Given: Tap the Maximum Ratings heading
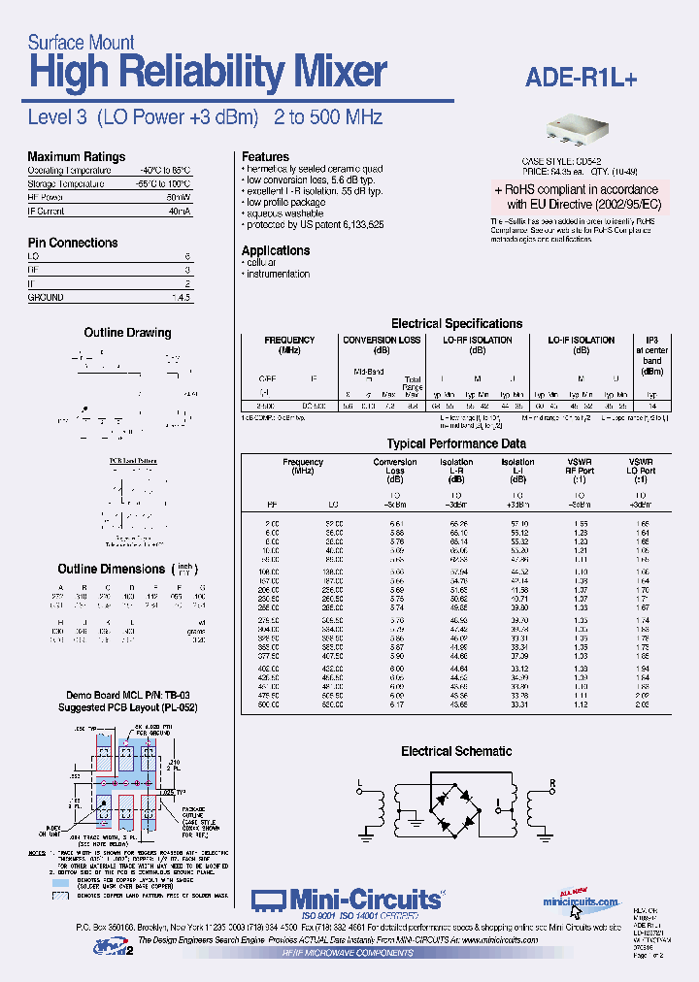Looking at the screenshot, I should [x=76, y=156].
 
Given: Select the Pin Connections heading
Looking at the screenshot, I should [x=72, y=243].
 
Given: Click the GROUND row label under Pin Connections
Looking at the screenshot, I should [x=46, y=297].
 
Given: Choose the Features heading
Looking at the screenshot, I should [x=265, y=156].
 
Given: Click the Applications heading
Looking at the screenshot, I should [x=276, y=250].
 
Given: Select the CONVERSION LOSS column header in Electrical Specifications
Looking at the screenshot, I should [x=382, y=341].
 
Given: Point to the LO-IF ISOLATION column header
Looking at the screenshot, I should [x=581, y=341].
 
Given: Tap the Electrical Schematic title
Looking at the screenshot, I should [x=456, y=751].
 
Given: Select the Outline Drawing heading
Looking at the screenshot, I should [x=127, y=333].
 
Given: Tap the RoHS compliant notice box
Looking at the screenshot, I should [x=577, y=197].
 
